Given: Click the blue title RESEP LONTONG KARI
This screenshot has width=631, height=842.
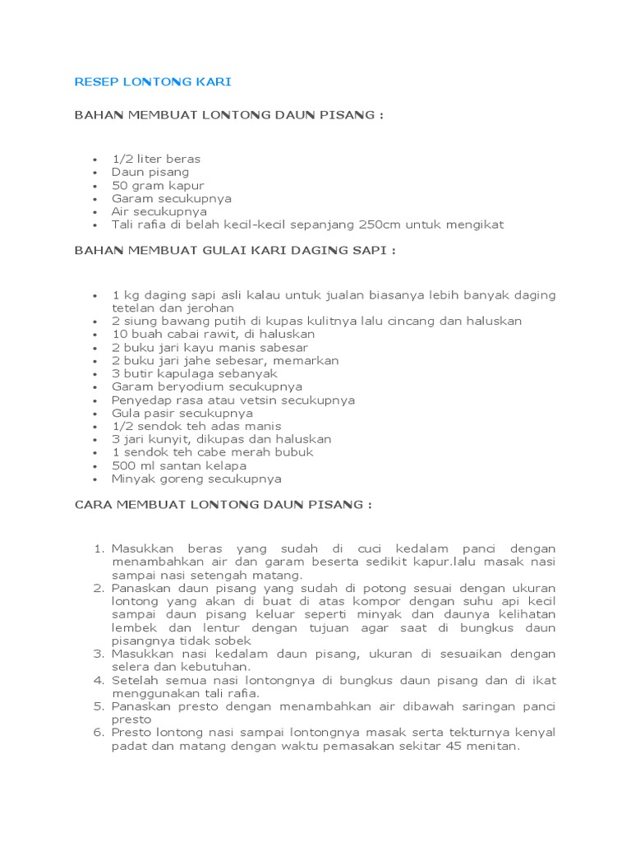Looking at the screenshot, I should (153, 81).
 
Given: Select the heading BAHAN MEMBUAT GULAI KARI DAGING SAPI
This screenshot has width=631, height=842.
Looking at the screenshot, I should (235, 251).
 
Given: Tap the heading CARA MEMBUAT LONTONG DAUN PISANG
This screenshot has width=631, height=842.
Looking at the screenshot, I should (223, 504).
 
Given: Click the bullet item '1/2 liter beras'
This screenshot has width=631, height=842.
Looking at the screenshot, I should (156, 159).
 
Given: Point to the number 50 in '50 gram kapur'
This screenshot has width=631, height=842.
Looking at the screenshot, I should (119, 185).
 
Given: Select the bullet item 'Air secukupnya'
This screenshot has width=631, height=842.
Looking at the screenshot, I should (159, 211).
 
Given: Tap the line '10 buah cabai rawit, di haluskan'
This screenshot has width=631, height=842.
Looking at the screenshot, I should (214, 335).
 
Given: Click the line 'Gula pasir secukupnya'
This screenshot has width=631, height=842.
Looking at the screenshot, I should (182, 413).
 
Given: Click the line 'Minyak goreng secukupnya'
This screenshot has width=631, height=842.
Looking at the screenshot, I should (196, 479).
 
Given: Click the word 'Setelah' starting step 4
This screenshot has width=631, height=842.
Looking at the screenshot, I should (135, 680).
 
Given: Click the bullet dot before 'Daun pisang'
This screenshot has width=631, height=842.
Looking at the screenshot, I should (95, 173).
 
